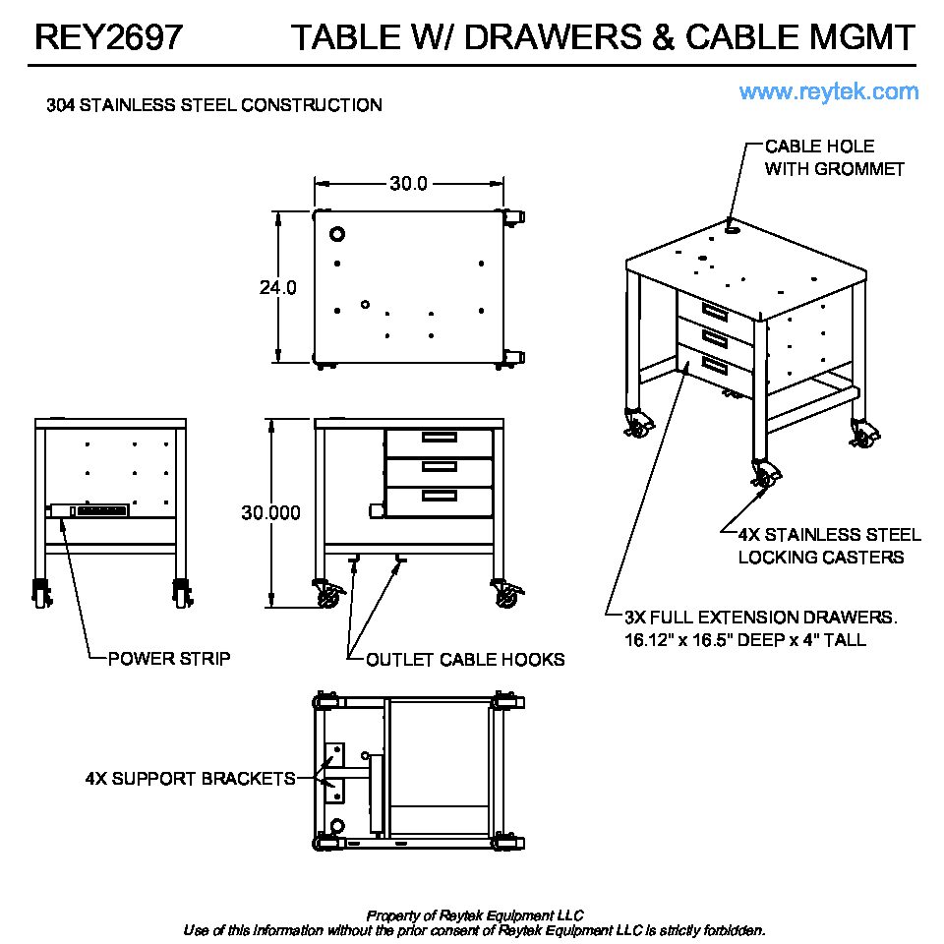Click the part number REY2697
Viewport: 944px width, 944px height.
(x=108, y=37)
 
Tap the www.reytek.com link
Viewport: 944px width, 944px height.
(x=829, y=92)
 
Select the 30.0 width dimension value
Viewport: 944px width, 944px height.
(x=408, y=184)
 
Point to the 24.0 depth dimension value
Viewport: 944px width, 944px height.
(x=278, y=288)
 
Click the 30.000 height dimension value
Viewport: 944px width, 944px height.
(x=271, y=513)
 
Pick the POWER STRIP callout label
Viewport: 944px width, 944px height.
(x=169, y=659)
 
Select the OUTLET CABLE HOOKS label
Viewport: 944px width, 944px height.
(x=465, y=660)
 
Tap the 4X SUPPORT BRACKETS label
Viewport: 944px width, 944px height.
(x=191, y=779)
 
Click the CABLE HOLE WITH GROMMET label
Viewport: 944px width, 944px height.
(x=834, y=157)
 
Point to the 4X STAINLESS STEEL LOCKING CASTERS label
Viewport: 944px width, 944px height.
(x=829, y=546)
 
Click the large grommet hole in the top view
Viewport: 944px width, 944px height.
(x=337, y=235)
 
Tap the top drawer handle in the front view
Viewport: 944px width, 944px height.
(x=439, y=438)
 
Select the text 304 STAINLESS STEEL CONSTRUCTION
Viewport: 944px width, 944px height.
(x=214, y=105)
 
